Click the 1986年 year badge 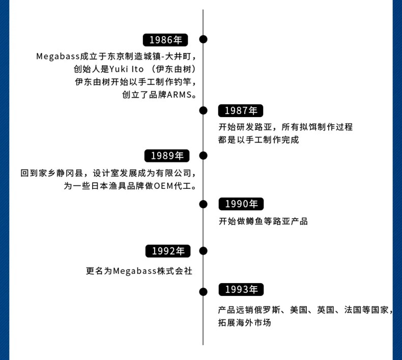click(165, 40)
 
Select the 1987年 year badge click(241, 110)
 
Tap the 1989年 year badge click(167, 156)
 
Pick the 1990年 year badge click(241, 204)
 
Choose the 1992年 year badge click(167, 251)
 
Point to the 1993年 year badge click(241, 290)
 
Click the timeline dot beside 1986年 click(203, 39)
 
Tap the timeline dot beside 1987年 click(203, 110)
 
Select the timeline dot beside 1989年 click(203, 155)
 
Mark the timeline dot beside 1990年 click(203, 204)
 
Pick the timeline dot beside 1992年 click(203, 251)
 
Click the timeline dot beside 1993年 click(203, 291)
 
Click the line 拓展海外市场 click(244, 323)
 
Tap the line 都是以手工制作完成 click(259, 140)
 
